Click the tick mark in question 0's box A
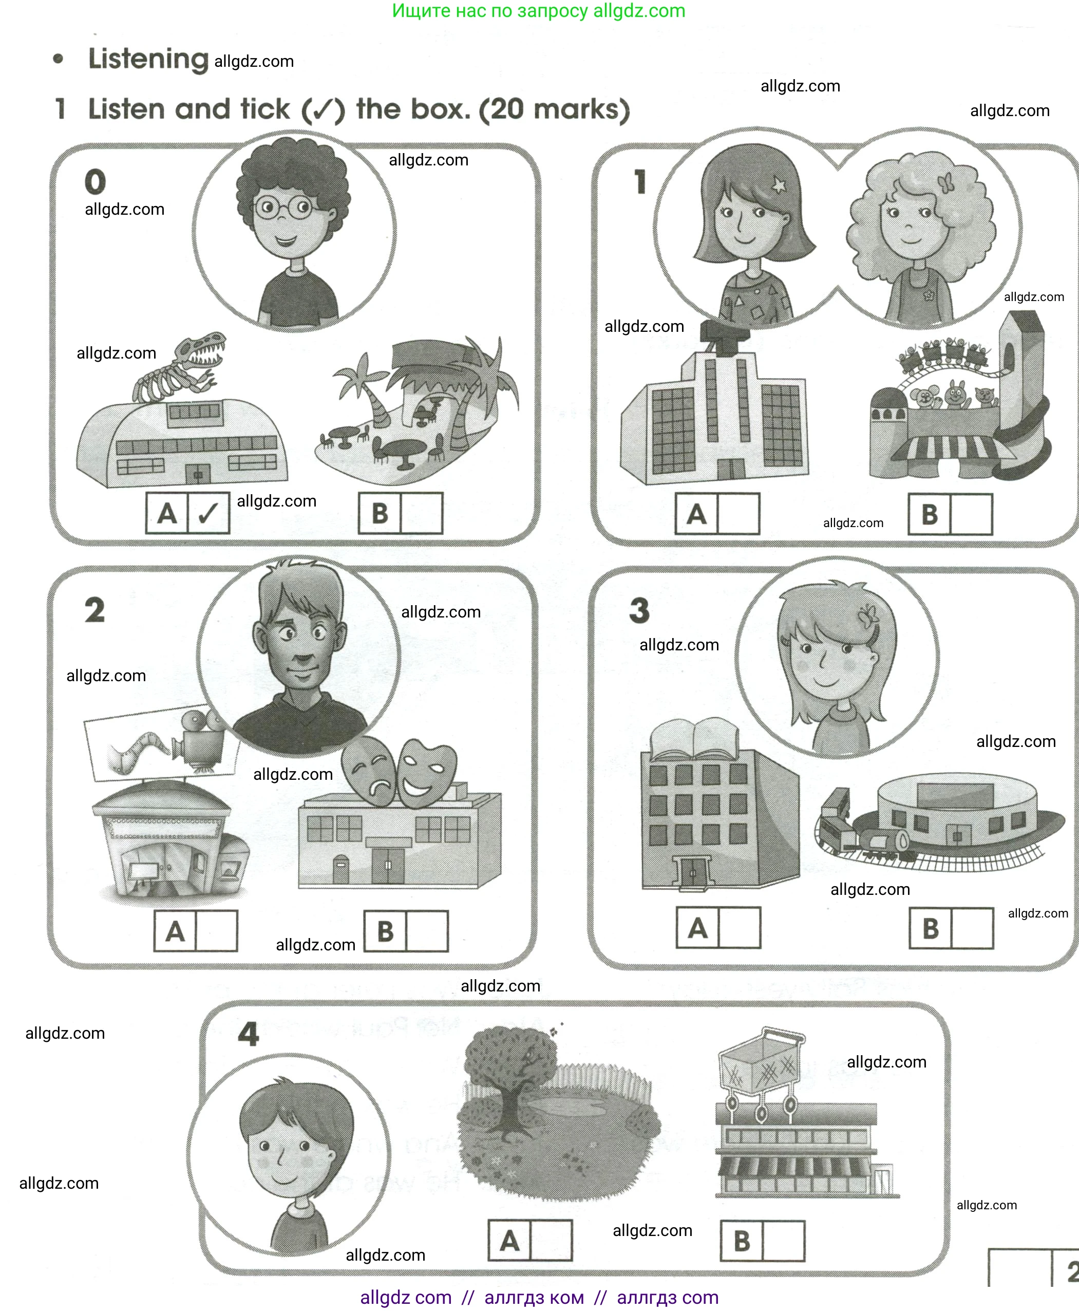(x=208, y=513)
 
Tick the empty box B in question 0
(x=422, y=513)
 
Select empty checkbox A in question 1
(x=739, y=514)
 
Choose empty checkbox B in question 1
(x=971, y=514)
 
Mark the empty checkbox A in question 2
(x=216, y=930)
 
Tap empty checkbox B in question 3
(x=972, y=928)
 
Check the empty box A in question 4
(x=551, y=1240)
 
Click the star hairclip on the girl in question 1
(x=779, y=184)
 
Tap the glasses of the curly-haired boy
(x=285, y=207)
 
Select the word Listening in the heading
(x=148, y=59)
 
